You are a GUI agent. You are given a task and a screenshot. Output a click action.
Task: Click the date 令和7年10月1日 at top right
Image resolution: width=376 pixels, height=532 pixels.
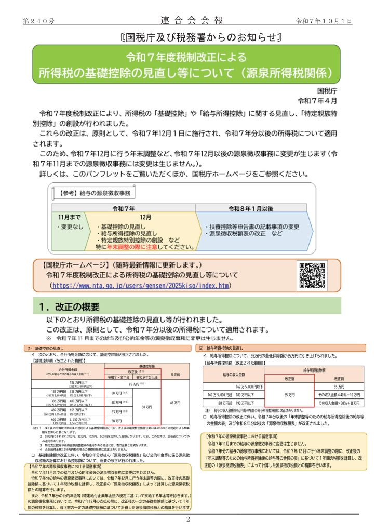tap(324, 21)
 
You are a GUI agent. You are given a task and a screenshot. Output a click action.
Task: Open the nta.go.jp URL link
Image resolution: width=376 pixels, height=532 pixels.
tap(140, 286)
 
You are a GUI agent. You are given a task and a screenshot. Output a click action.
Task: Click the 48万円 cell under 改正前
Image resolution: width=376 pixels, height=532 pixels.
tap(174, 402)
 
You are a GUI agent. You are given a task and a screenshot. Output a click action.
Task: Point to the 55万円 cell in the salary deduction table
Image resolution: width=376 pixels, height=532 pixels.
tap(339, 387)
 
